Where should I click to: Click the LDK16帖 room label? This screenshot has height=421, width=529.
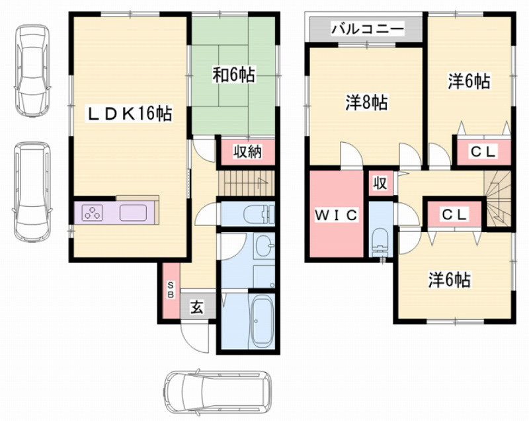tap(130, 114)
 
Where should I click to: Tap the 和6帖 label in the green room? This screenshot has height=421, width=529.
tap(233, 75)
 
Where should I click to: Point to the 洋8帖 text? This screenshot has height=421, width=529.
tap(366, 102)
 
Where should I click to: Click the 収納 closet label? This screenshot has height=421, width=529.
tap(247, 152)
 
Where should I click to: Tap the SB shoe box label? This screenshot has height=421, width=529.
tap(169, 290)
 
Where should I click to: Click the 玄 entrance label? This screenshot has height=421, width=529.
tap(197, 307)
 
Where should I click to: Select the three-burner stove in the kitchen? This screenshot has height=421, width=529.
tap(92, 213)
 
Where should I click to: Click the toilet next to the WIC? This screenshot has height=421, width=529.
tap(380, 241)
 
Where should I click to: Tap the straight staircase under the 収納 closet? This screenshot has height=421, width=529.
tap(246, 181)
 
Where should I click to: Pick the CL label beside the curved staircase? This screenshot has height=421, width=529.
tap(455, 215)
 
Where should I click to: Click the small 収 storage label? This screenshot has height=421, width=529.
tap(381, 183)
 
